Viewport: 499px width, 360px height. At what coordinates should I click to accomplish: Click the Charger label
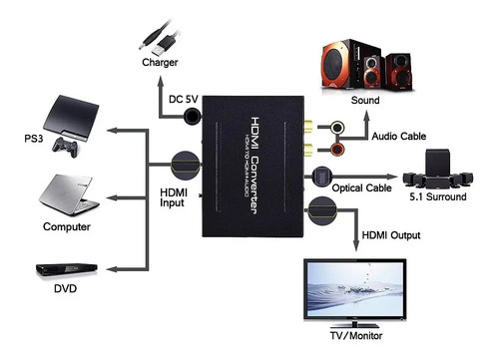click(159, 62)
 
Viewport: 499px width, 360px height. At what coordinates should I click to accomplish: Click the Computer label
click(67, 226)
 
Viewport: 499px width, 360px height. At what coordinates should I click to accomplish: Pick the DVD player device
click(67, 270)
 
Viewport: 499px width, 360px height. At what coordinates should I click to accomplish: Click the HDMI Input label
click(173, 198)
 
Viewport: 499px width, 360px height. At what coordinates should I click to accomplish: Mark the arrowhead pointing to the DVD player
click(110, 268)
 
